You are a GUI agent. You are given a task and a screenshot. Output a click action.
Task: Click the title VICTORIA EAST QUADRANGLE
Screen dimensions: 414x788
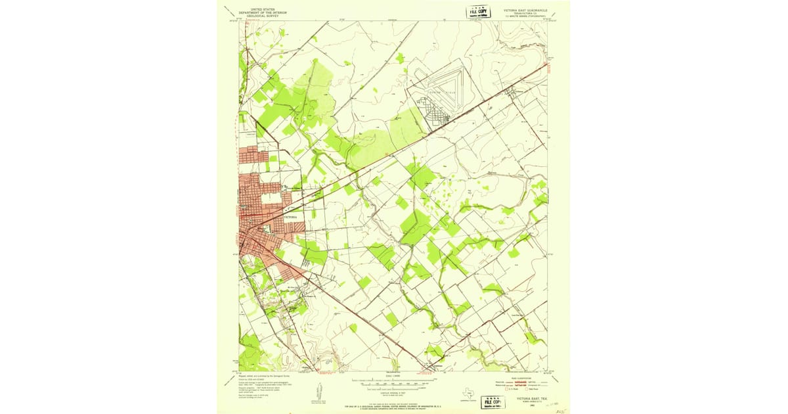tap(525, 11)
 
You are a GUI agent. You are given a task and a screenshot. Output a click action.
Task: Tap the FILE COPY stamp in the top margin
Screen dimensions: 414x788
tap(479, 12)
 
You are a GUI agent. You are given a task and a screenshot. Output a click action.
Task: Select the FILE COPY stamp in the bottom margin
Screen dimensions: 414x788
tap(493, 402)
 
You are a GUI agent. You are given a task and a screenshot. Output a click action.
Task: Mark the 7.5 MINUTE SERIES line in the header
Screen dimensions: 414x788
tap(525, 16)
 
